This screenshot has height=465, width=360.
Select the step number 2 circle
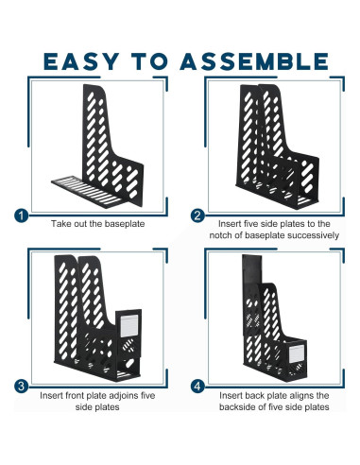point(197,215)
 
